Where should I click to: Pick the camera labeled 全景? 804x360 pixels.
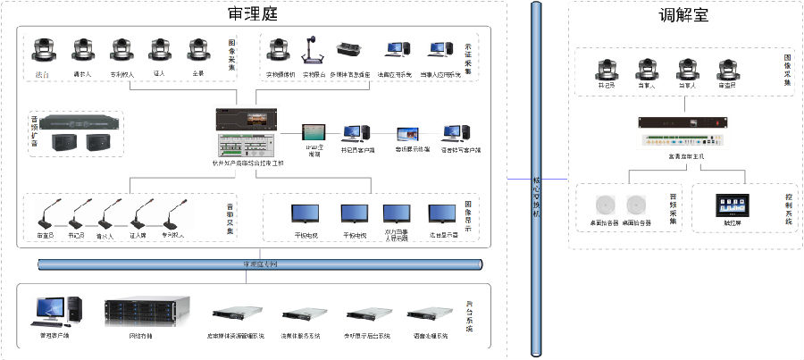[x=198, y=51]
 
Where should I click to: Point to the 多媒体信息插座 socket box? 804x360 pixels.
[x=349, y=51]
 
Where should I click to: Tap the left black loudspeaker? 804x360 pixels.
[x=63, y=140]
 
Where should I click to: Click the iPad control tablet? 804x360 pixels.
[x=314, y=133]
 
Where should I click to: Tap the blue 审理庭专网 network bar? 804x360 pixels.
[x=259, y=264]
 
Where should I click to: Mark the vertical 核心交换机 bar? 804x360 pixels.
[x=536, y=179]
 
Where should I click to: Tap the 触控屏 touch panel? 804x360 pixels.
[x=725, y=204]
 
